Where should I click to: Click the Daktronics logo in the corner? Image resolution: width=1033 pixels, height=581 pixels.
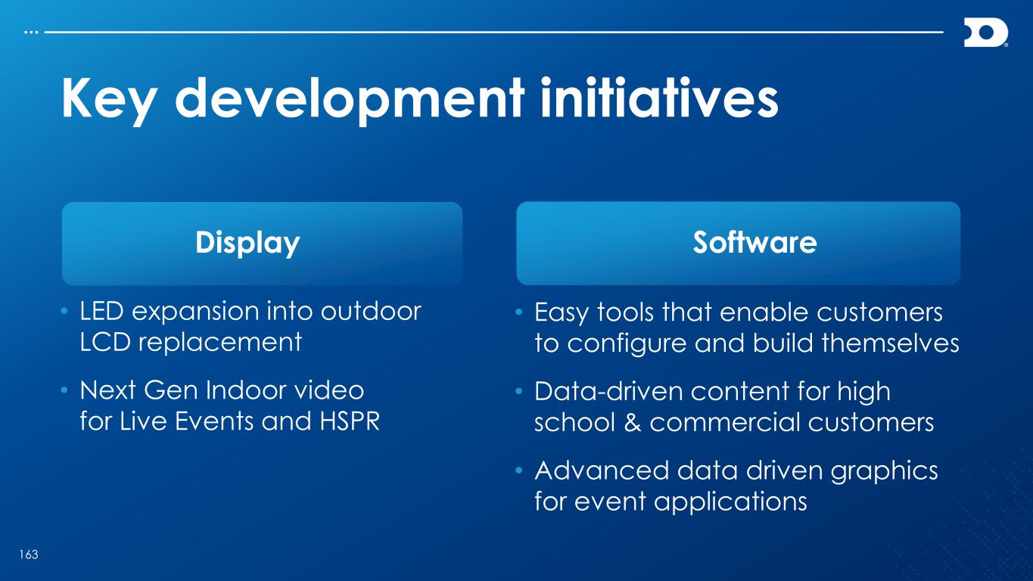[985, 33]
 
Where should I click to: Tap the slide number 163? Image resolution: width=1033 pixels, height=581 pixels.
[29, 555]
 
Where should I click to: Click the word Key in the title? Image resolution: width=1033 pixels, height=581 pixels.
[109, 100]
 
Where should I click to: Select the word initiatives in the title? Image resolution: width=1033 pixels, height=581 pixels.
[659, 98]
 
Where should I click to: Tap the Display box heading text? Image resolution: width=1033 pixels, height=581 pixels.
[247, 243]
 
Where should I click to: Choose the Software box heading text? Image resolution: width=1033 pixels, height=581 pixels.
[755, 242]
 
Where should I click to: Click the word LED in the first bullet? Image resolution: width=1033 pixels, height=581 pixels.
[102, 311]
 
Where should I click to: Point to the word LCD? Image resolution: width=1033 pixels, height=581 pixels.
[105, 342]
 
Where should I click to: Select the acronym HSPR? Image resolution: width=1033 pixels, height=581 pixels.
[350, 421]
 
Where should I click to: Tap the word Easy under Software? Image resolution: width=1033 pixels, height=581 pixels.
[562, 313]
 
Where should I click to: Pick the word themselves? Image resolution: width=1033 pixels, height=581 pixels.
[891, 343]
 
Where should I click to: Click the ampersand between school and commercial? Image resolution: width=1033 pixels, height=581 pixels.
[632, 422]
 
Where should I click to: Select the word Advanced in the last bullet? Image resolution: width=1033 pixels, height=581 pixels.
[602, 471]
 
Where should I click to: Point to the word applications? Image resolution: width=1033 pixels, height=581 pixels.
[730, 502]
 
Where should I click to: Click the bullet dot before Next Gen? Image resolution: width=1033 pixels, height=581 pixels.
[64, 391]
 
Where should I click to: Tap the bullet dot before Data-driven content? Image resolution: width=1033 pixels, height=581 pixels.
[519, 392]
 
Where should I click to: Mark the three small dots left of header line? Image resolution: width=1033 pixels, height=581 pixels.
[31, 33]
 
